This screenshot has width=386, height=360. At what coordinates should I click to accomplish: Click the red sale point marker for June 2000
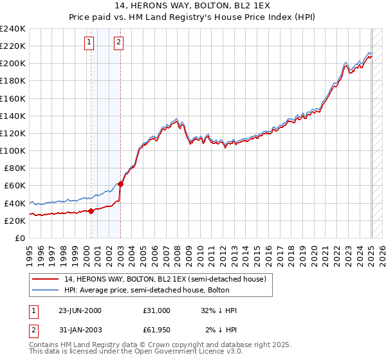(91, 211)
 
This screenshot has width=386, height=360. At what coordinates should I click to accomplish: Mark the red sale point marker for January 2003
(121, 184)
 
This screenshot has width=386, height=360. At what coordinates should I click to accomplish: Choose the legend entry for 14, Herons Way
(169, 278)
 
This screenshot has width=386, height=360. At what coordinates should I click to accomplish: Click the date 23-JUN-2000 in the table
(80, 310)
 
